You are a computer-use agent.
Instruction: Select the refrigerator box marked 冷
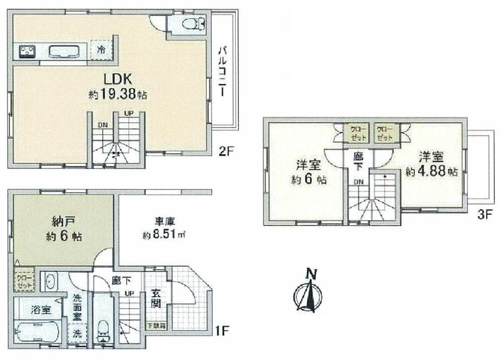click(101, 50)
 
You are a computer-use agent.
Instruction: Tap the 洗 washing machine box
click(78, 333)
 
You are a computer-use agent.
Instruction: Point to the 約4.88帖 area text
click(432, 171)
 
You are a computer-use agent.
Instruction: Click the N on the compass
click(312, 275)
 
